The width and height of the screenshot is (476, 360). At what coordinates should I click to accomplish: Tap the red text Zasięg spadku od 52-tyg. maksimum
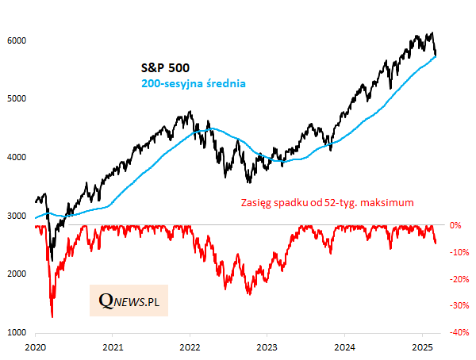[x=327, y=204]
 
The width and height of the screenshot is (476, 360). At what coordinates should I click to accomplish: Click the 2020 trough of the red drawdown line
[x=52, y=316]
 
